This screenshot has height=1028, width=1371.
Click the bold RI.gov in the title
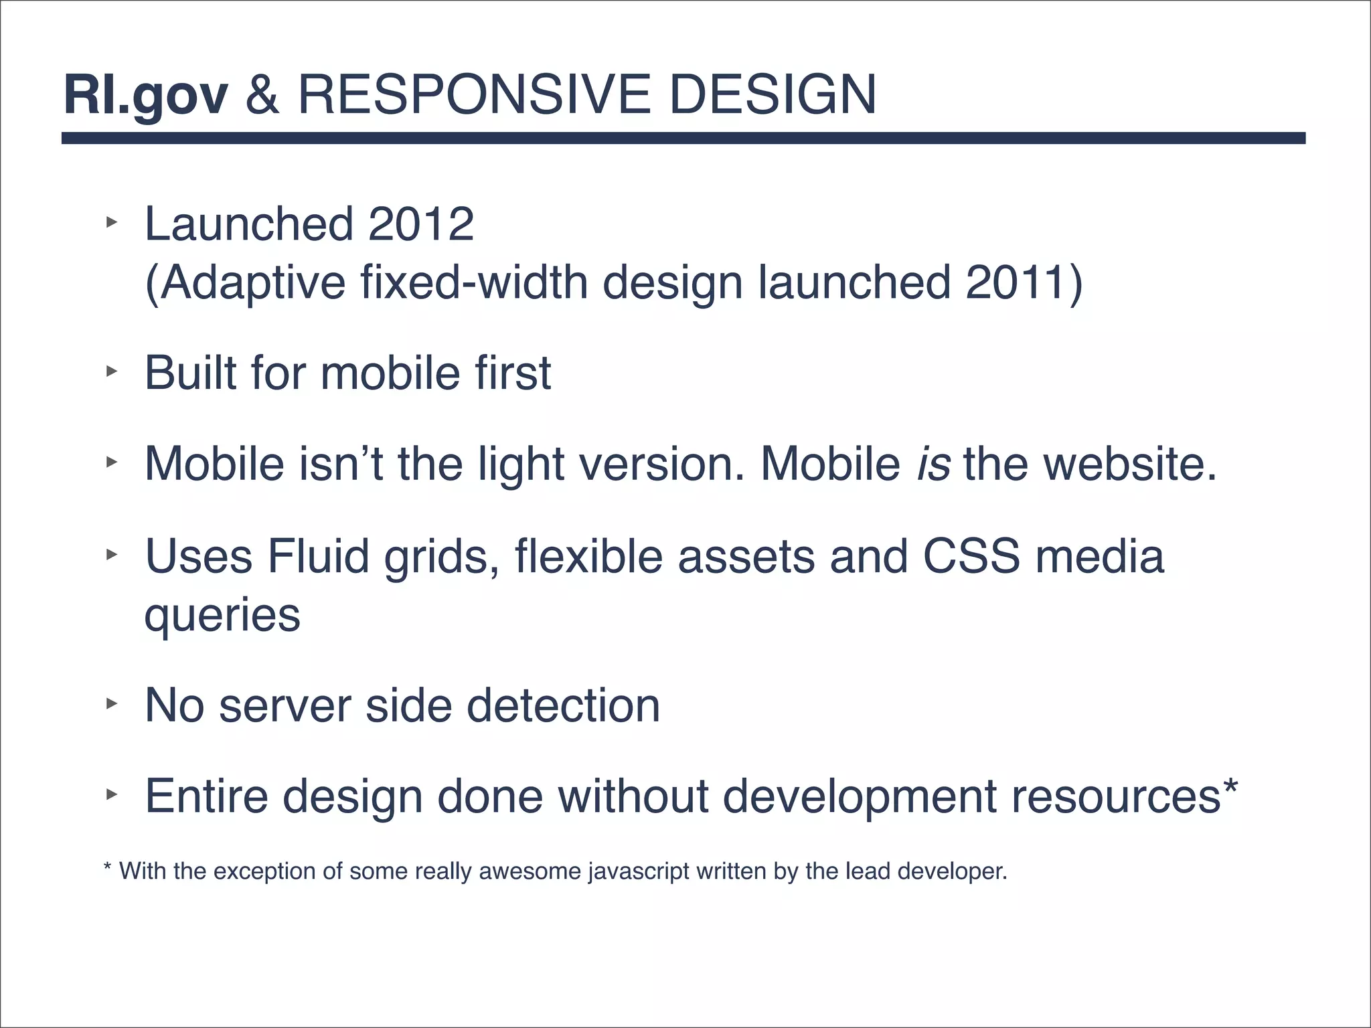[x=146, y=96]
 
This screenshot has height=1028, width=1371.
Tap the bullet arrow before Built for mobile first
[x=111, y=371]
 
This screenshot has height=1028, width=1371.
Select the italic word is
[x=933, y=463]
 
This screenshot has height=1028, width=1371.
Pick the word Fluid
[x=318, y=556]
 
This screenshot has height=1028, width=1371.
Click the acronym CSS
[x=971, y=556]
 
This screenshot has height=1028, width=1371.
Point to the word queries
[x=222, y=616]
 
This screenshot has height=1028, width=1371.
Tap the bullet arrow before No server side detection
[x=111, y=703]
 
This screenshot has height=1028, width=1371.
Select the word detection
[x=563, y=705]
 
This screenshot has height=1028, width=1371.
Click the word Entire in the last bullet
[x=206, y=796]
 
